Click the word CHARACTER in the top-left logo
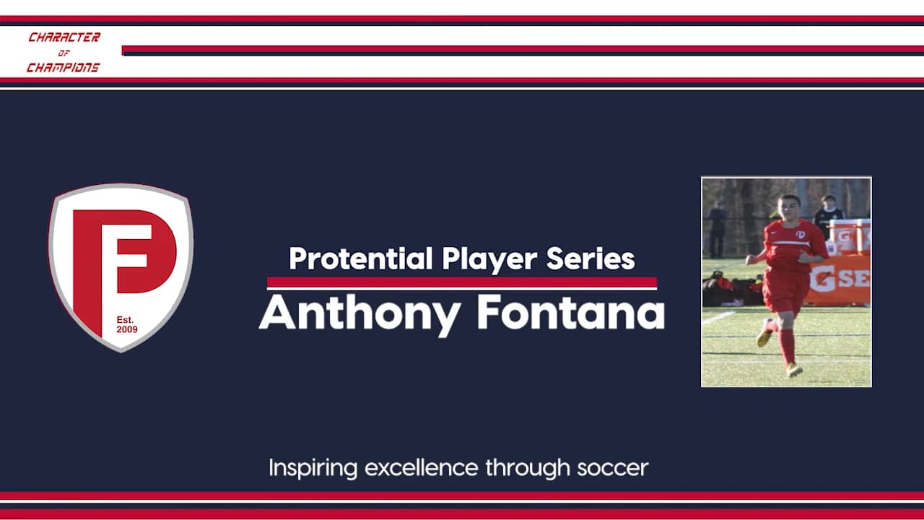point(64,38)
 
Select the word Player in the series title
point(491,259)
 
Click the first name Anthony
point(359,313)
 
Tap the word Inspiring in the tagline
point(313,468)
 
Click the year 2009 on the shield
point(126,330)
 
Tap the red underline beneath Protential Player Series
point(462,282)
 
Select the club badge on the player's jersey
point(799,234)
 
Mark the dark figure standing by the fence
point(717,228)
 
